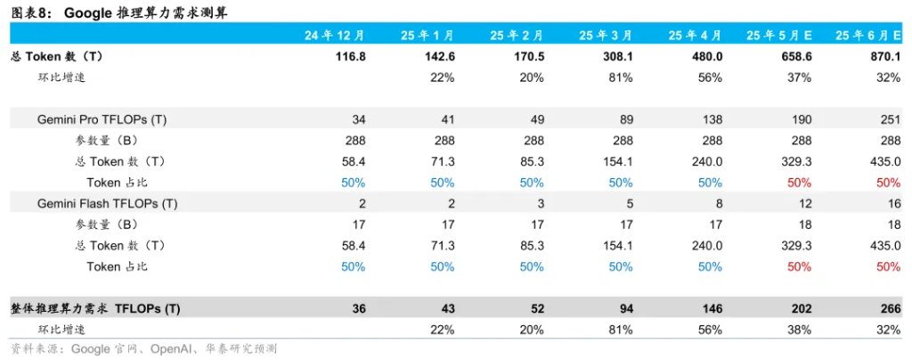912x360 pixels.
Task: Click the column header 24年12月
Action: [x=335, y=35]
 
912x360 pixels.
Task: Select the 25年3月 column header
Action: [x=605, y=35]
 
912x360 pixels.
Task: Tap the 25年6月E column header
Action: [x=867, y=35]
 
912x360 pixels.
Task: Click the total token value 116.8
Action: [x=350, y=57]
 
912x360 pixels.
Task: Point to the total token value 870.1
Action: [x=884, y=57]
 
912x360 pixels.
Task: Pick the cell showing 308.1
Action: [x=617, y=57]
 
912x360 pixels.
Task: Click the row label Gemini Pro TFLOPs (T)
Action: [x=102, y=119]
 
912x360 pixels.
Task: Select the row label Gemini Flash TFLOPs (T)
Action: [x=107, y=203]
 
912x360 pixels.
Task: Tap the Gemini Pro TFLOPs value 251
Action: [x=891, y=119]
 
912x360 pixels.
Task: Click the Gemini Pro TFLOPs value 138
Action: [x=712, y=119]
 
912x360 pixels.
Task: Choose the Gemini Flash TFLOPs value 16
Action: [x=894, y=203]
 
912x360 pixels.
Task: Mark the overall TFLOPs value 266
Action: [x=891, y=308]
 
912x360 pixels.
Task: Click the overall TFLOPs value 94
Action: [x=625, y=308]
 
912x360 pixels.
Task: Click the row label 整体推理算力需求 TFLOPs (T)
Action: [x=95, y=308]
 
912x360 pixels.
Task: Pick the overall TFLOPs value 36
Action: [x=359, y=308]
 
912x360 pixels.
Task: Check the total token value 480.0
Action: [x=706, y=57]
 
